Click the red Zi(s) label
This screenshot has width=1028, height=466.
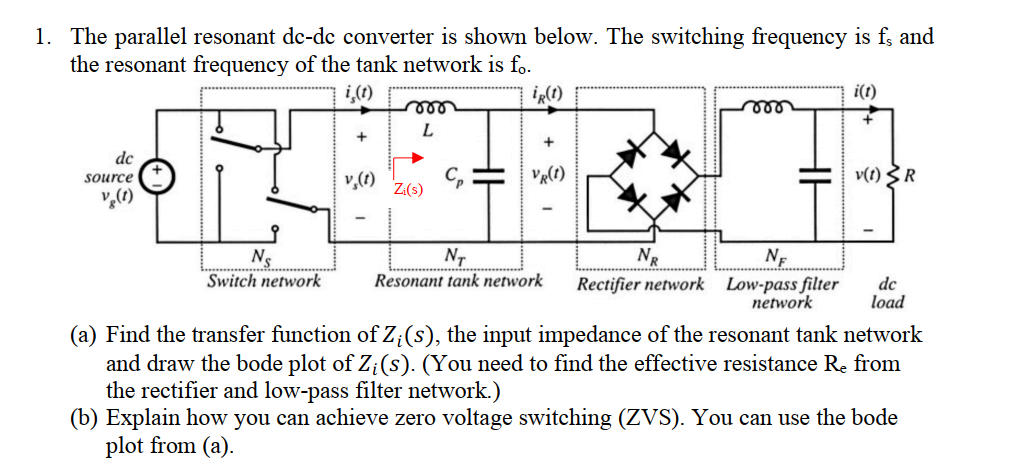pyautogui.click(x=407, y=189)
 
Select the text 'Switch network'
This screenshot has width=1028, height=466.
pyautogui.click(x=264, y=281)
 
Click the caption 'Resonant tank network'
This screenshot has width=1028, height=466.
pyautogui.click(x=458, y=281)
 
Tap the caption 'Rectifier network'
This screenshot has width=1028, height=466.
pyautogui.click(x=640, y=284)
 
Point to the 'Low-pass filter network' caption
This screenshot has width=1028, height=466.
pyautogui.click(x=782, y=292)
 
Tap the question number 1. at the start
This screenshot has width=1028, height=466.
pyautogui.click(x=43, y=38)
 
